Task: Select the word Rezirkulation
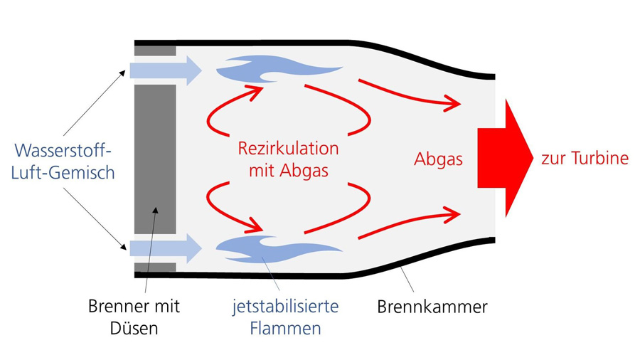(287, 150)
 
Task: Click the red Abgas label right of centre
(438, 159)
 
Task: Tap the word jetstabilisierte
(285, 307)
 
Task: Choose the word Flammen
(285, 328)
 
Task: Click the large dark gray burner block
(155, 159)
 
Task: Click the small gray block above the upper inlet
(155, 51)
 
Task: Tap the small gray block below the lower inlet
(155, 268)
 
